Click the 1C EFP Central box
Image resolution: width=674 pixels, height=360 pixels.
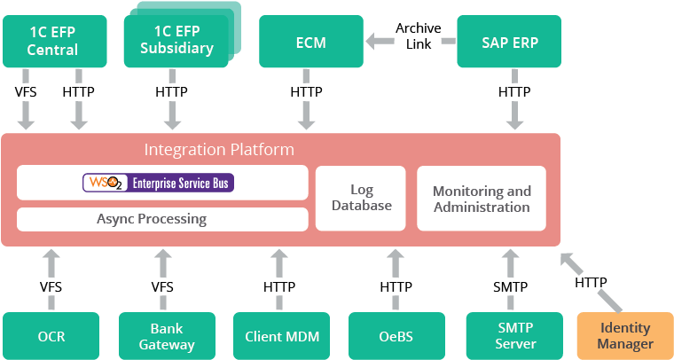tap(52, 41)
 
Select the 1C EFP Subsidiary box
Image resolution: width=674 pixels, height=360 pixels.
tap(176, 41)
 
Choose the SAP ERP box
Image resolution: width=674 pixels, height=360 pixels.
tap(509, 42)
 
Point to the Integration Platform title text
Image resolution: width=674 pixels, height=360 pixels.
tap(219, 150)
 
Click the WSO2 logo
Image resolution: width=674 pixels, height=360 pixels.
tap(105, 183)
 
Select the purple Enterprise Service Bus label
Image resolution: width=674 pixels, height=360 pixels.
tap(183, 184)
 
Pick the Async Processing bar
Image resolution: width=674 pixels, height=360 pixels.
tap(162, 218)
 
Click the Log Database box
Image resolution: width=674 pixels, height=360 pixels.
tap(360, 198)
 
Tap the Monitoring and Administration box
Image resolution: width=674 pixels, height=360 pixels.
tap(482, 199)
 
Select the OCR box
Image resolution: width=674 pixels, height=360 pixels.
tap(51, 336)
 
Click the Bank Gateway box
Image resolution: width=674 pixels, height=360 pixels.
tap(167, 336)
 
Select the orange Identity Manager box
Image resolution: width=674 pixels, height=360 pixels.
tap(624, 336)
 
